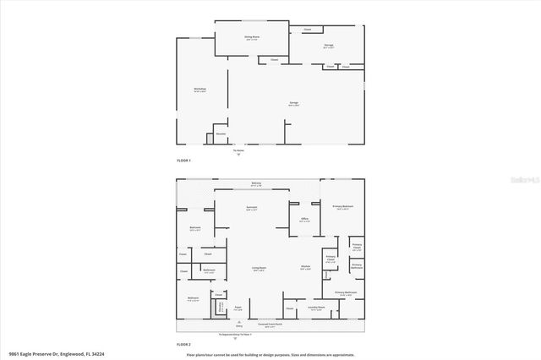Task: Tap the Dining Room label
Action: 250,37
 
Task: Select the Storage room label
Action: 328,46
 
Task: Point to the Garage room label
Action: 293,103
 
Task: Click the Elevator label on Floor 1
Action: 220,134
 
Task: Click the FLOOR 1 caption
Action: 183,161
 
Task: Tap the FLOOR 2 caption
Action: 183,345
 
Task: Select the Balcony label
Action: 256,183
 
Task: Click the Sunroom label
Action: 252,208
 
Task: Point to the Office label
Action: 303,220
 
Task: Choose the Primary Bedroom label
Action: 342,207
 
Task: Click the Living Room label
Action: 259,269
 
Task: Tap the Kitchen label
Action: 305,268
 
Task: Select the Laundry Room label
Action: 316,308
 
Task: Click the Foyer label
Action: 238,308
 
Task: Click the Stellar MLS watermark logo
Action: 516,179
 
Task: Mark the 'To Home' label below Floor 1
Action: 238,148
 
